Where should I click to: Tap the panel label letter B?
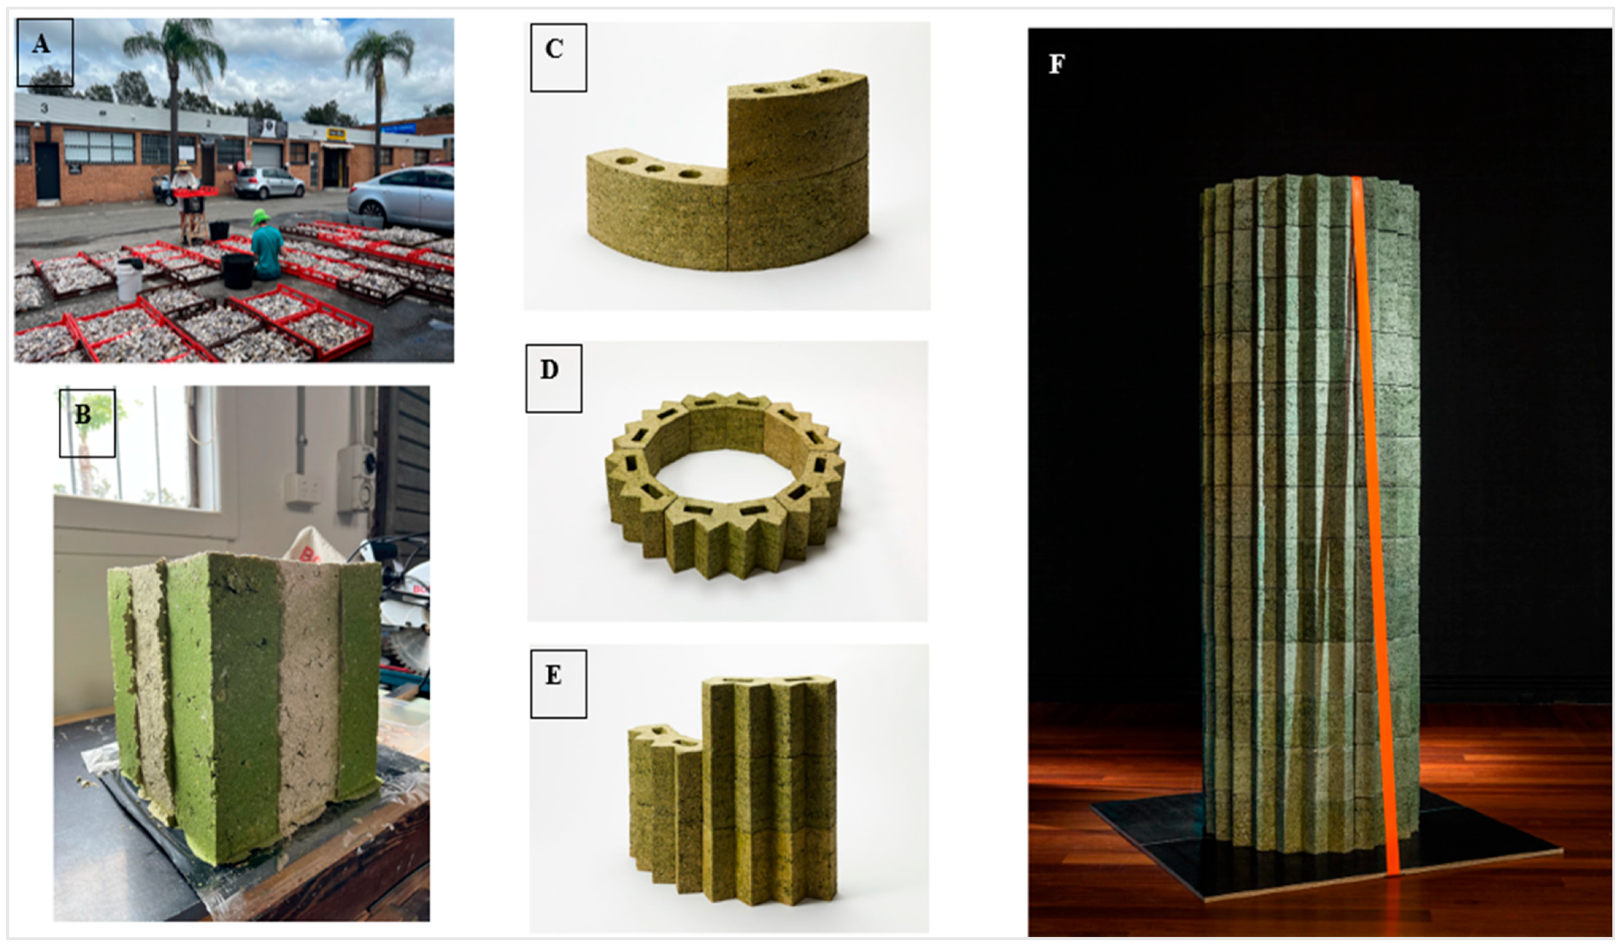pos(83,415)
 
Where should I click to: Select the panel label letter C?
pos(555,50)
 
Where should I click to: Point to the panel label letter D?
pos(549,370)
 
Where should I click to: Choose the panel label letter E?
pos(553,675)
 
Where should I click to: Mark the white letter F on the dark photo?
pos(1056,65)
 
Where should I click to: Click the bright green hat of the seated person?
pos(261,218)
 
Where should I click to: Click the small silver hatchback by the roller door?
pos(269,183)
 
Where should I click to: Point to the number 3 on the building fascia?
pos(44,108)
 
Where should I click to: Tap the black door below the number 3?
pos(48,170)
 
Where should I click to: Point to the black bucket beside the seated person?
pos(238,271)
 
